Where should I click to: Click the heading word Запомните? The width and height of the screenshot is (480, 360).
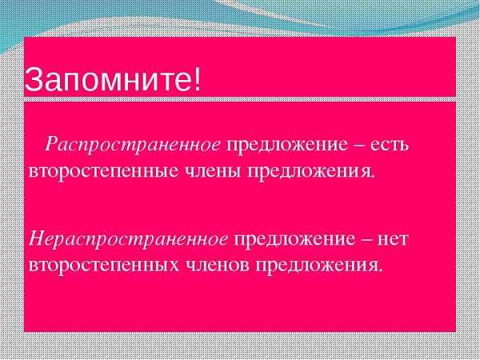pyautogui.click(x=109, y=80)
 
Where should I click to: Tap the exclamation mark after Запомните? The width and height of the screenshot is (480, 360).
pyautogui.click(x=198, y=79)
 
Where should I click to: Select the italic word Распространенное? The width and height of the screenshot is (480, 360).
pyautogui.click(x=133, y=145)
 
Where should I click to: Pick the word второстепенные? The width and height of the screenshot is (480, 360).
pyautogui.click(x=103, y=172)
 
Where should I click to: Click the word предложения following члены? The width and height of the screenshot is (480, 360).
pyautogui.click(x=310, y=172)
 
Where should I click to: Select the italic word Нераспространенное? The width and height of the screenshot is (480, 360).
pyautogui.click(x=128, y=239)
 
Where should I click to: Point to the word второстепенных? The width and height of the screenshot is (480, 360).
pyautogui.click(x=104, y=266)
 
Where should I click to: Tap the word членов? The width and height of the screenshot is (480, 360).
pyautogui.click(x=218, y=265)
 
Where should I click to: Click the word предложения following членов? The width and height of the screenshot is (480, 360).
pyautogui.click(x=318, y=266)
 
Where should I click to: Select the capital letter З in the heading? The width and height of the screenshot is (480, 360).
pyautogui.click(x=33, y=80)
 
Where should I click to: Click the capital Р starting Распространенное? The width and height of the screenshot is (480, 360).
pyautogui.click(x=54, y=143)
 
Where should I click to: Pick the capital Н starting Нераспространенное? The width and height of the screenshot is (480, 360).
pyautogui.click(x=38, y=238)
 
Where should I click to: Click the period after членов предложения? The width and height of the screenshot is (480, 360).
pyautogui.click(x=380, y=270)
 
